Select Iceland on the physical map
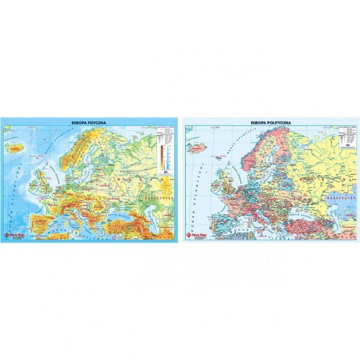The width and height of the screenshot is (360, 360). click(16, 148)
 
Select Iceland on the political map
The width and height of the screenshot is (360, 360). click(194, 148)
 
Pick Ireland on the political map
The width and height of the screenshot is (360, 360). click(213, 177)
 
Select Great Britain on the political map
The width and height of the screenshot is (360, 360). click(225, 176)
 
